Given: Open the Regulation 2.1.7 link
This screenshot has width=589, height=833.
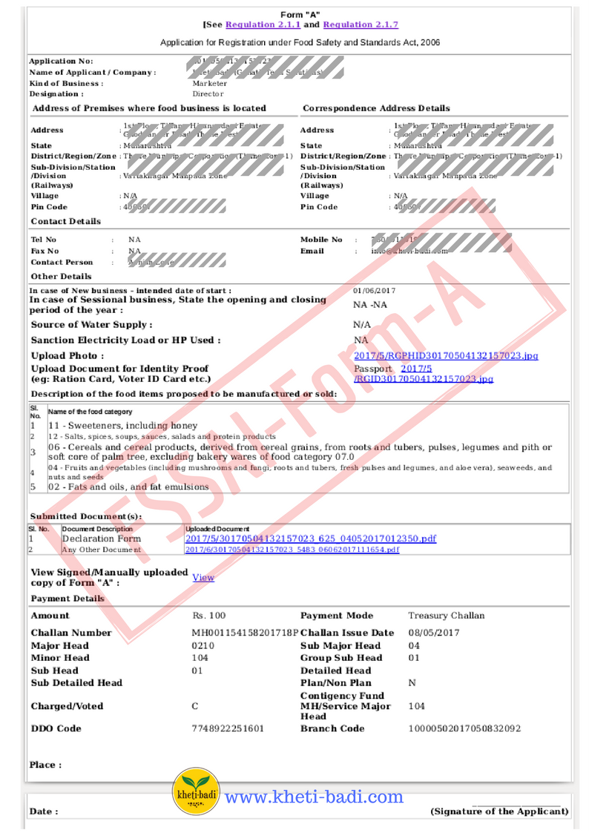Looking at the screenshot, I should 361,24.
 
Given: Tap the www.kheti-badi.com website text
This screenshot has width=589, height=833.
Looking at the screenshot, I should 314,797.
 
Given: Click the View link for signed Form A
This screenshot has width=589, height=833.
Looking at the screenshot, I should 203,577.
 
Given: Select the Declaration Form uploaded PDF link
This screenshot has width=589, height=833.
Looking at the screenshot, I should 310,539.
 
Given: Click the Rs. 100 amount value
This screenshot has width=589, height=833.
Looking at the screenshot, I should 209,616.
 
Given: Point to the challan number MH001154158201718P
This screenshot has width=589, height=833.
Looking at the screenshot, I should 245,633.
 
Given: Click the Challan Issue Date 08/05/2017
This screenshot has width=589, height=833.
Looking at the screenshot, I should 434,633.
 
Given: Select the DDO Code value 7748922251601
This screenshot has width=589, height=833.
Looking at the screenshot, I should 228,728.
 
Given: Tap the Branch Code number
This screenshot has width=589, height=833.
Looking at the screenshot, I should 464,728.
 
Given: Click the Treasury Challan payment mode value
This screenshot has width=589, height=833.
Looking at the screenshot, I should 446,616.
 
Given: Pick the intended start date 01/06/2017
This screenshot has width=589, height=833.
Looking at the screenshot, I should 375,291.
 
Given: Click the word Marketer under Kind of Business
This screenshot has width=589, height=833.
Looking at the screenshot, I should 210,83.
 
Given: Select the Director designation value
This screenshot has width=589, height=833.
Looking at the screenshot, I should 208,94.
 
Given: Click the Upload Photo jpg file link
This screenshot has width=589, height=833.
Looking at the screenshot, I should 446,356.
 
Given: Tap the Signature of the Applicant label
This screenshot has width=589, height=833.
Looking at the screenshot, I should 499,811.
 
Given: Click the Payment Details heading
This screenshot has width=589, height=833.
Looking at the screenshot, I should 68,599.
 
